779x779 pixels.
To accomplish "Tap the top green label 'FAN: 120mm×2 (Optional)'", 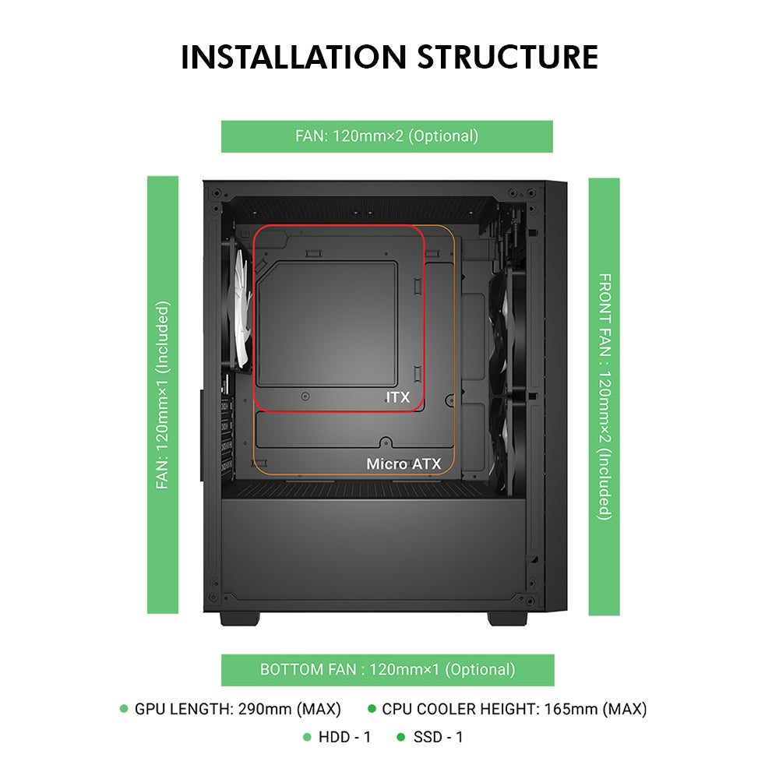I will tap(386, 136).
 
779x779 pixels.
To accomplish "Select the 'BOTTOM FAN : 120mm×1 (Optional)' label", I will tap(387, 669).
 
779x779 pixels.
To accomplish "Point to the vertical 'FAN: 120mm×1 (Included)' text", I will tap(162, 396).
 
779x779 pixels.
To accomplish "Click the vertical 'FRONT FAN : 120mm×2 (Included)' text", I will tap(605, 396).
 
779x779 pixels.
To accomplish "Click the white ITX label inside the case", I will tap(398, 397).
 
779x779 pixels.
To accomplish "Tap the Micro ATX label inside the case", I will tap(404, 464).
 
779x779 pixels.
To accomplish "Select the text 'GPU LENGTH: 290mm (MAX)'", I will tap(238, 709).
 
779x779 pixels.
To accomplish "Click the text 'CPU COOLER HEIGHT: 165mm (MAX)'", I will tap(514, 709).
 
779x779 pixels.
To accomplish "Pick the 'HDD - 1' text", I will tap(345, 736).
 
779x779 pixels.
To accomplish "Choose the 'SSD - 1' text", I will tap(438, 736).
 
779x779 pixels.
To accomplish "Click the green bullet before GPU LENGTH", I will tap(124, 709).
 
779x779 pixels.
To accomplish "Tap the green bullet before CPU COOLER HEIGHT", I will tap(372, 709).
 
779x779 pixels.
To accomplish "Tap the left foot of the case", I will tap(239, 618).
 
